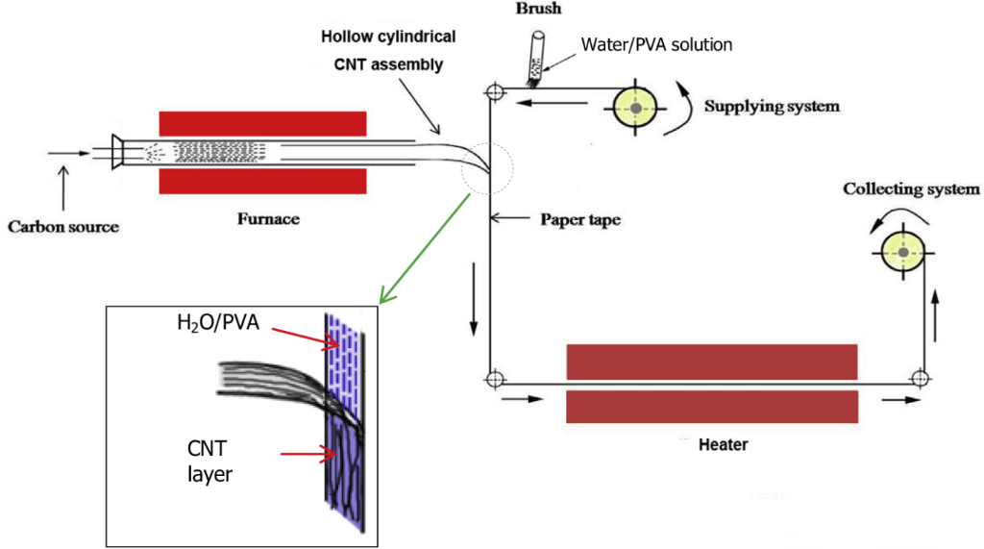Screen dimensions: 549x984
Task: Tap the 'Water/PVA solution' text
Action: pos(657,44)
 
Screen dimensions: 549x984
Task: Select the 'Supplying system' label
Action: pos(772,106)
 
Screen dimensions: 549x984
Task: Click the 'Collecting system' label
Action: pos(911,189)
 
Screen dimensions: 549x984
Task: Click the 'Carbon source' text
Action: pos(63,227)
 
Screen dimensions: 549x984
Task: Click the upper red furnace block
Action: pos(261,123)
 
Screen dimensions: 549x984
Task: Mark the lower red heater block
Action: pos(711,407)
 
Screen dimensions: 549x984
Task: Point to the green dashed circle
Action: pos(488,169)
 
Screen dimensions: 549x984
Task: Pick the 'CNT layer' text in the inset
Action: pos(209,459)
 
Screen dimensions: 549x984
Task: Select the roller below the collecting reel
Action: pos(919,378)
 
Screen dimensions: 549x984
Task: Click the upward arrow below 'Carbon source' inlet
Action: pos(63,188)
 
